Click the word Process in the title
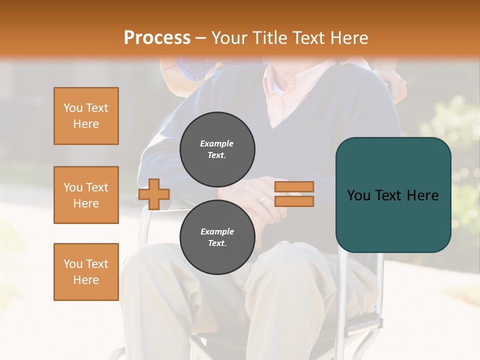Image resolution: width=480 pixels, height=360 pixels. coord(157,38)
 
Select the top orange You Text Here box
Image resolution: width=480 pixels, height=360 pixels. coord(86,116)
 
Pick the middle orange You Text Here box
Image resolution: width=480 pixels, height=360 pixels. coord(86,195)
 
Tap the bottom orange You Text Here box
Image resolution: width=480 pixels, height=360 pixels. coord(86,271)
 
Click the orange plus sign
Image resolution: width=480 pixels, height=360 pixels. coord(154,194)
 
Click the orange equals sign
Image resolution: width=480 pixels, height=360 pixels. coord(294,194)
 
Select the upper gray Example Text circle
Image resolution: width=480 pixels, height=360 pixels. coord(217,149)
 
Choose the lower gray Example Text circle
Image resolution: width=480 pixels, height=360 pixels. coord(217,237)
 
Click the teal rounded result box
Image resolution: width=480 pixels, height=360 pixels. coord(393,194)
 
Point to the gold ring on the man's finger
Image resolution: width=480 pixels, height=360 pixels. coord(263,200)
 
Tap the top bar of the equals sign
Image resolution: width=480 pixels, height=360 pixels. coord(294,186)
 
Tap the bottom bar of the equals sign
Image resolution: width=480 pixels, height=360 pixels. coord(294,201)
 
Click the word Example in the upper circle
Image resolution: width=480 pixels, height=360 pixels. coord(217,143)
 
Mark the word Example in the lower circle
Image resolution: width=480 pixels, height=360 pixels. coord(217,231)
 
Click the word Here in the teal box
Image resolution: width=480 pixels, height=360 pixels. coord(423,195)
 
